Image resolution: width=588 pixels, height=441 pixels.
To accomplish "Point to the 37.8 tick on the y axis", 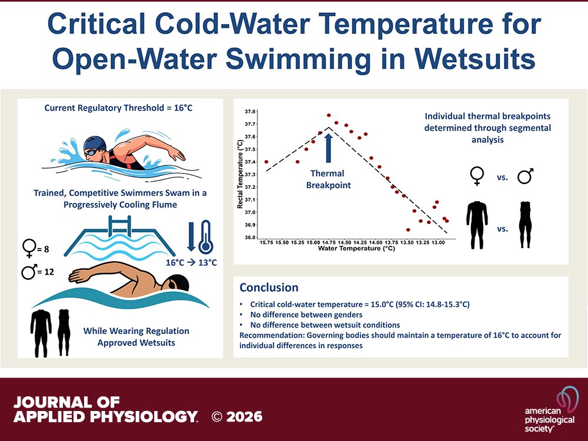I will coord(250,111).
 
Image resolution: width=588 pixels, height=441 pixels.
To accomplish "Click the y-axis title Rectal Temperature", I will coord(239,174).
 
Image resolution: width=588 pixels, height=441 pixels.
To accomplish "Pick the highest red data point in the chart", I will coord(329,115).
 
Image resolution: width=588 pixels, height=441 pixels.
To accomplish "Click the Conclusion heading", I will coord(269,288).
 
